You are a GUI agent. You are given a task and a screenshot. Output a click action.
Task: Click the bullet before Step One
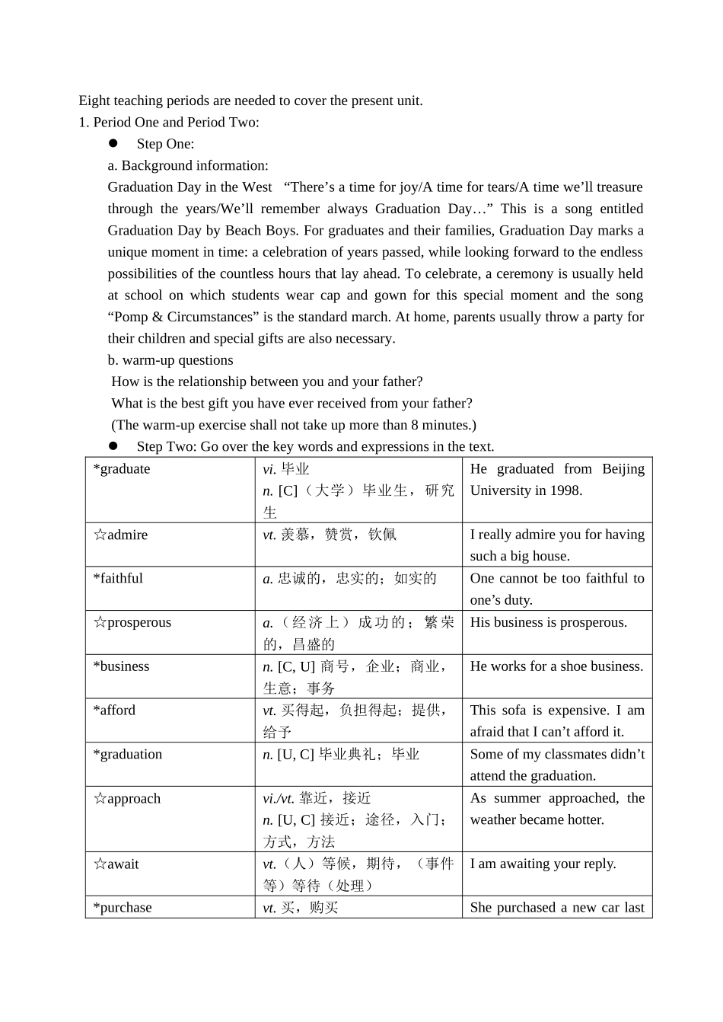113,143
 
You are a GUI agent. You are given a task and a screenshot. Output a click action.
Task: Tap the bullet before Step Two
113,446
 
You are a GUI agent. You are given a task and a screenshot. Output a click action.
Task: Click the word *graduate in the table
122,469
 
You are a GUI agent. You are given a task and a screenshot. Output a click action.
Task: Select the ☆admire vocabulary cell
120,535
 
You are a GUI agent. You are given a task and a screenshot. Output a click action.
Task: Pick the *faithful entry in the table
118,579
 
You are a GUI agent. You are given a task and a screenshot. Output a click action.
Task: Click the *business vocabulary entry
121,666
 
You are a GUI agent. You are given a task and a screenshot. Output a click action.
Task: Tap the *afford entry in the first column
114,711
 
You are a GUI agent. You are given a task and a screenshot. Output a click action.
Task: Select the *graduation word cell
127,755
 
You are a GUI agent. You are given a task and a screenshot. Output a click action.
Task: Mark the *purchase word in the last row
123,908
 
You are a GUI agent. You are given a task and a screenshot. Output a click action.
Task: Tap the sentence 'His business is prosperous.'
548,623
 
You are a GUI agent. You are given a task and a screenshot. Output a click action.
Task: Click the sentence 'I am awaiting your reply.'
543,864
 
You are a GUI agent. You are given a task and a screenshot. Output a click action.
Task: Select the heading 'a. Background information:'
188,165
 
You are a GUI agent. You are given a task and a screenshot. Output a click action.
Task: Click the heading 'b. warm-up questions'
170,360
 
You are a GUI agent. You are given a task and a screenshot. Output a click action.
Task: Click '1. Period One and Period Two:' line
169,122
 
